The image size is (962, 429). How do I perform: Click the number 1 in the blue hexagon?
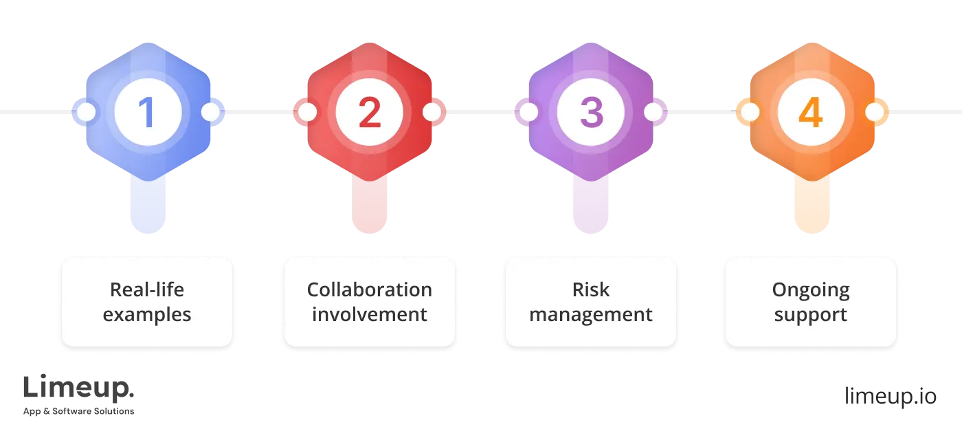pyautogui.click(x=147, y=113)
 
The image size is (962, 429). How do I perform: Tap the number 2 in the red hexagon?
pyautogui.click(x=369, y=113)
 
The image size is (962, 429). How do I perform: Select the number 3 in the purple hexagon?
pyautogui.click(x=591, y=113)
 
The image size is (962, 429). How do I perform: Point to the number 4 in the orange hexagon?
pyautogui.click(x=811, y=113)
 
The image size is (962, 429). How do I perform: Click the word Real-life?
pyautogui.click(x=147, y=289)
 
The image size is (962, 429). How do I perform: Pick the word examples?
pyautogui.click(x=147, y=315)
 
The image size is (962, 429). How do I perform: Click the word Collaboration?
pyautogui.click(x=370, y=289)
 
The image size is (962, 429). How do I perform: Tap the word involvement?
pyautogui.click(x=370, y=315)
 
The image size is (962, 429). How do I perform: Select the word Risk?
pyautogui.click(x=591, y=289)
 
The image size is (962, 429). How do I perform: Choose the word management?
pyautogui.click(x=591, y=315)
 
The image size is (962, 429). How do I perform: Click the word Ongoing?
pyautogui.click(x=811, y=289)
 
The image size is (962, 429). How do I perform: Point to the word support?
pyautogui.click(x=811, y=315)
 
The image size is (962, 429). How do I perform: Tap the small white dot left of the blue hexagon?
pyautogui.click(x=85, y=112)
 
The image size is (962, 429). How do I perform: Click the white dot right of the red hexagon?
pyautogui.click(x=432, y=112)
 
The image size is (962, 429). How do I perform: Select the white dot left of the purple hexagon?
pyautogui.click(x=528, y=112)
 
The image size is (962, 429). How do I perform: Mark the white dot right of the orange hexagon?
pyautogui.click(x=874, y=112)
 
